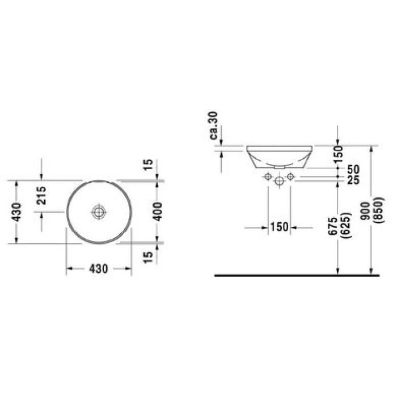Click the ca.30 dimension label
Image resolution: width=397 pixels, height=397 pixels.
(x=214, y=125)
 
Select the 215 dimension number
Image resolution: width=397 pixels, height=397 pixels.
(x=41, y=196)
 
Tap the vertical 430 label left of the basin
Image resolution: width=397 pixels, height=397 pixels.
(x=17, y=212)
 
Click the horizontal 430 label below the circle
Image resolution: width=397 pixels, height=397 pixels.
(x=99, y=269)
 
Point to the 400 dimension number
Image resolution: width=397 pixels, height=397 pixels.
(x=158, y=212)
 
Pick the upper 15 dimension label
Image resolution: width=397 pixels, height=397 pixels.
(x=149, y=165)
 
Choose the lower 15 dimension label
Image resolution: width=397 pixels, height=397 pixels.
(x=149, y=257)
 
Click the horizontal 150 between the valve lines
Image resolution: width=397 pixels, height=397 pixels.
(x=279, y=227)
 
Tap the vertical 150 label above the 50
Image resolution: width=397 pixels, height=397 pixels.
(x=338, y=154)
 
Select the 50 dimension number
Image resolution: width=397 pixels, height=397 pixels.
(x=353, y=170)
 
